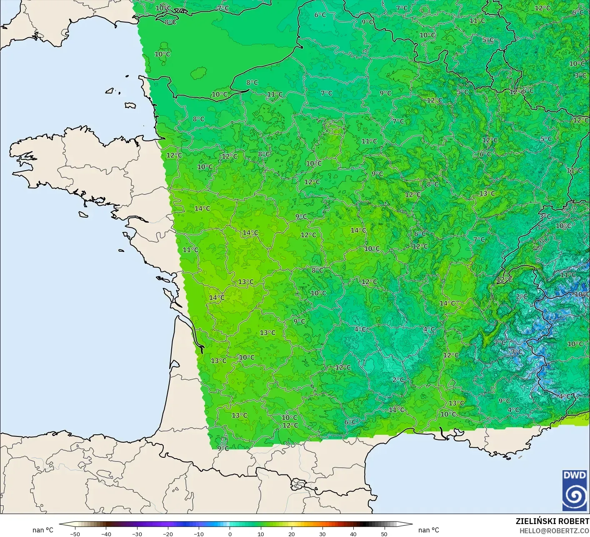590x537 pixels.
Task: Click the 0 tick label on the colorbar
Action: (x=230, y=534)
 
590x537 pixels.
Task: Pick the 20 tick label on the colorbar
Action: (x=291, y=534)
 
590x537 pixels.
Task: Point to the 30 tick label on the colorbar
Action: (x=322, y=534)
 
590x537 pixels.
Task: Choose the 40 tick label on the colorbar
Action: (x=353, y=534)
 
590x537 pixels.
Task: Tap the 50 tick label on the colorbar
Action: (x=384, y=534)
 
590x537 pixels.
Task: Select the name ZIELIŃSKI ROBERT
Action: (x=552, y=521)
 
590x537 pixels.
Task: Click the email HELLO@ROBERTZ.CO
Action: (x=554, y=530)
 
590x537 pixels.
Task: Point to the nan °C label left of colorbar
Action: (x=43, y=530)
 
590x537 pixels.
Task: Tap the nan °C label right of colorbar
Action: (x=429, y=530)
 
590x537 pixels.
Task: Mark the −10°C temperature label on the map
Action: (x=582, y=294)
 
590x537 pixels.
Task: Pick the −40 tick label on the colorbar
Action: (x=106, y=534)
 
